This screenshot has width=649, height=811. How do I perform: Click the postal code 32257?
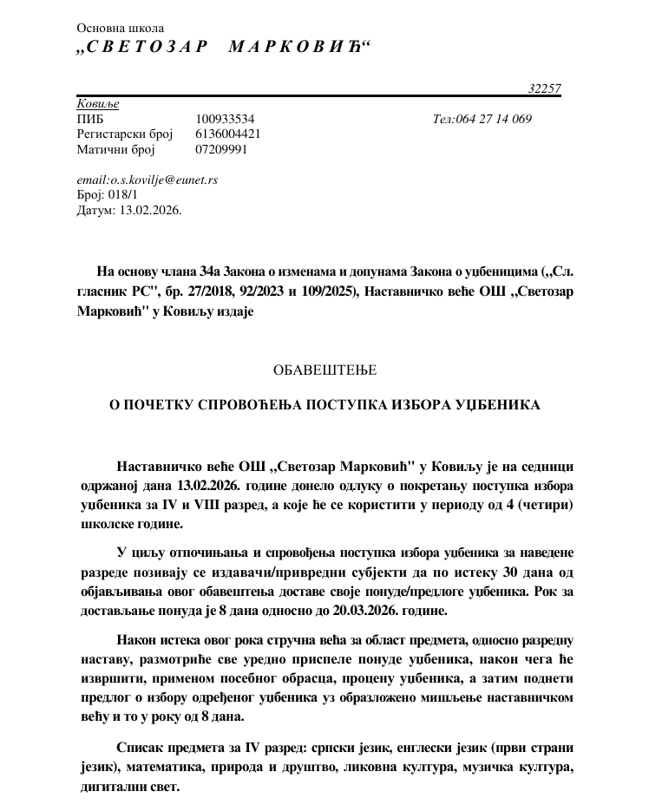pyautogui.click(x=544, y=88)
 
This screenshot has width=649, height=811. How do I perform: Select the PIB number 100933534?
pyautogui.click(x=225, y=119)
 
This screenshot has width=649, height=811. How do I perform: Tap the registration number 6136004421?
pyautogui.click(x=228, y=134)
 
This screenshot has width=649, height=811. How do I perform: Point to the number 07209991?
pyautogui.click(x=221, y=149)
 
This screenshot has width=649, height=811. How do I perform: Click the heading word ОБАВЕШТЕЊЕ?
pyautogui.click(x=324, y=370)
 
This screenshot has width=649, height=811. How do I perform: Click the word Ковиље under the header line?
pyautogui.click(x=98, y=104)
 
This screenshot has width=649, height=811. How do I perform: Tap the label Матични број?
pyautogui.click(x=115, y=149)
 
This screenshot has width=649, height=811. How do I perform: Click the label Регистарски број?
pyautogui.click(x=125, y=134)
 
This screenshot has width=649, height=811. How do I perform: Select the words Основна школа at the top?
pyautogui.click(x=120, y=29)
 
